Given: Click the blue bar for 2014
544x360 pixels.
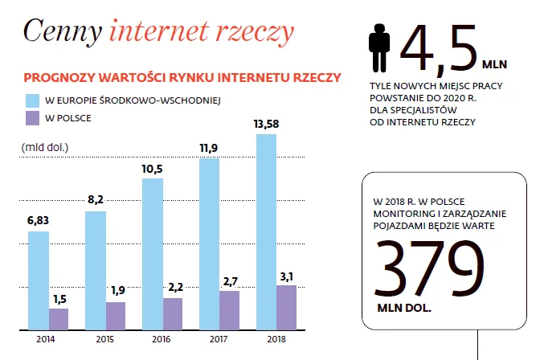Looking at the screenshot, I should pyautogui.click(x=39, y=280).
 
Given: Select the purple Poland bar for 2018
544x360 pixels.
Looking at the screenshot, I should pyautogui.click(x=286, y=307).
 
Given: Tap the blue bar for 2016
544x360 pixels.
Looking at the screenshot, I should pyautogui.click(x=153, y=253).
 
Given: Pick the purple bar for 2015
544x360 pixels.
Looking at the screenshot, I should pyautogui.click(x=116, y=315).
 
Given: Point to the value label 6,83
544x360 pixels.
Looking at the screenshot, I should pyautogui.click(x=38, y=221).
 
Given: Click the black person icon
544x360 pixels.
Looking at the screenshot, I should pyautogui.click(x=378, y=48).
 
